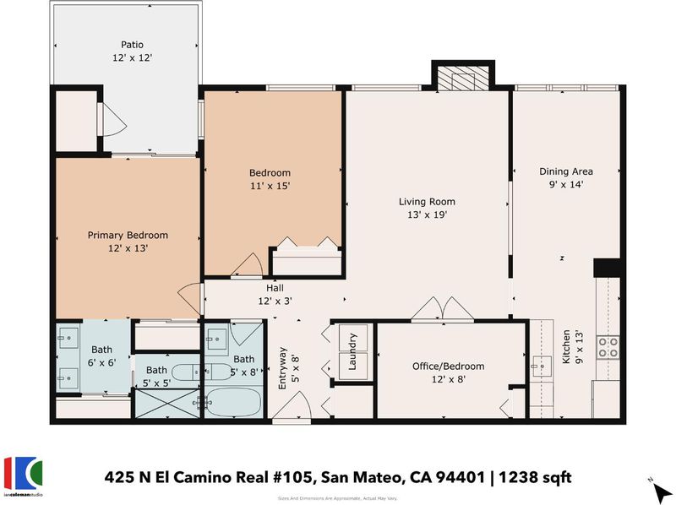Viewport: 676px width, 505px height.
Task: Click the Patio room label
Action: click(x=132, y=45)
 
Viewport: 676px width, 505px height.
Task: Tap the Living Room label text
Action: click(x=427, y=202)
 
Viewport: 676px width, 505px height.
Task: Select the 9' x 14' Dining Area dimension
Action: click(x=566, y=184)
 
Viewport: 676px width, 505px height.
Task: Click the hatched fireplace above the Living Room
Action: click(x=463, y=78)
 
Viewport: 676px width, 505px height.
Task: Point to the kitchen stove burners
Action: click(x=608, y=347)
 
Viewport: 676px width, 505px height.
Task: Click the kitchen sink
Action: click(x=542, y=367)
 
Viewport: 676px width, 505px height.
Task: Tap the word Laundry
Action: click(x=352, y=351)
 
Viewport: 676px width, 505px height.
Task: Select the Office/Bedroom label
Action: click(x=449, y=367)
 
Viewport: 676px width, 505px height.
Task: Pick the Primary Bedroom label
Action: click(x=128, y=236)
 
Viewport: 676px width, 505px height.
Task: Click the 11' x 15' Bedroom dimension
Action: click(x=270, y=186)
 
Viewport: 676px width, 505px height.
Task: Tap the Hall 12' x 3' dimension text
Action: click(x=275, y=301)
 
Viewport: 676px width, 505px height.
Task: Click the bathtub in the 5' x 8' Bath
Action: click(x=233, y=403)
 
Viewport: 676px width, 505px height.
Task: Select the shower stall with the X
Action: click(x=167, y=403)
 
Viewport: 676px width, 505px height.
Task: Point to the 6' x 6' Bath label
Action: click(x=101, y=356)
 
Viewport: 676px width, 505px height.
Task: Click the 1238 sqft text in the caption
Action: click(x=535, y=477)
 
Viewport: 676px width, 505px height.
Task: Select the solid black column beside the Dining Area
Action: click(x=607, y=268)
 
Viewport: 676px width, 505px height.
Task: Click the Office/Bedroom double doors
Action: click(x=442, y=309)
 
